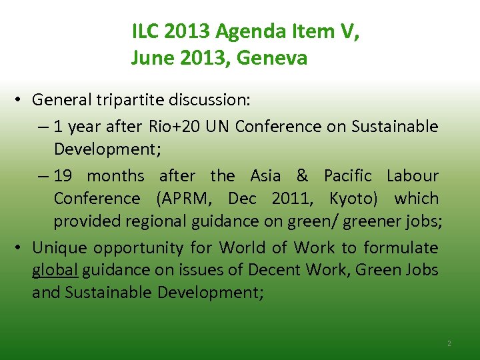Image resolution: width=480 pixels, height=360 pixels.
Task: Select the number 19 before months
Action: click(65, 175)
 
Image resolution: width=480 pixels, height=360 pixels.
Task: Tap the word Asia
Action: click(265, 175)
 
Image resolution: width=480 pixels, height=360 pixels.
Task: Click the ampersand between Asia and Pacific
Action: click(302, 175)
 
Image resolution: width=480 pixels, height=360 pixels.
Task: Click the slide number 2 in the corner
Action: click(449, 343)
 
